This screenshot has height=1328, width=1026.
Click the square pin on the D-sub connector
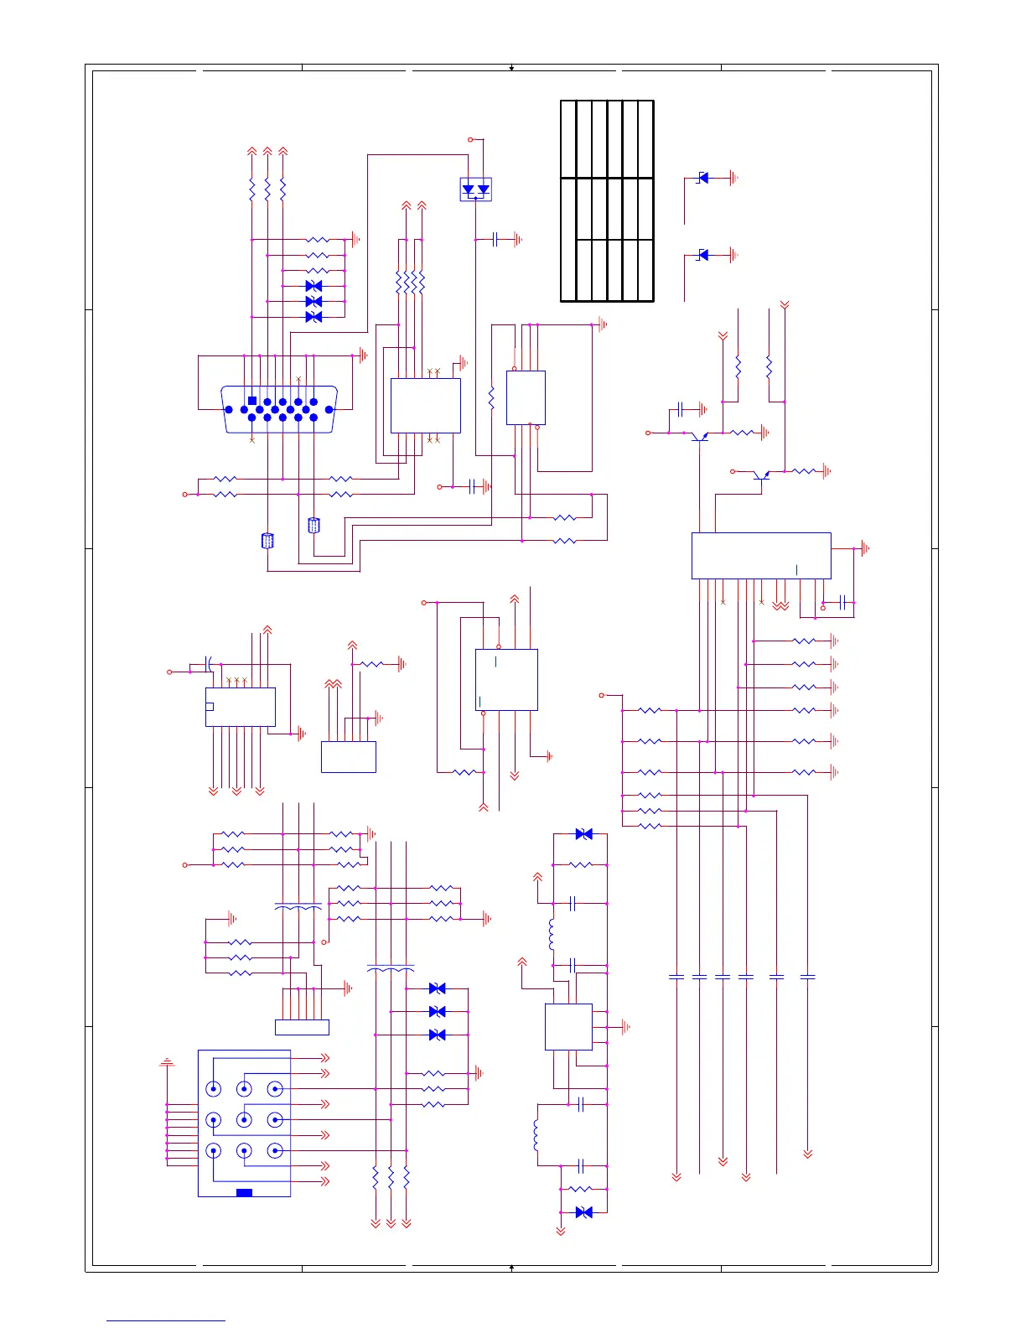[x=252, y=401]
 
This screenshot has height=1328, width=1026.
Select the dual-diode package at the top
[x=476, y=189]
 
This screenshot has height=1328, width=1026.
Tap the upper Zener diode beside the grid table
[x=703, y=178]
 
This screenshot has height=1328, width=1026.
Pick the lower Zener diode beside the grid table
[x=703, y=255]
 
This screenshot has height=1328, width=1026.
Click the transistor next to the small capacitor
[x=698, y=435]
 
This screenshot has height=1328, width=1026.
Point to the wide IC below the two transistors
[x=760, y=555]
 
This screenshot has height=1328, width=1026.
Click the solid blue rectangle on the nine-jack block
[x=244, y=1192]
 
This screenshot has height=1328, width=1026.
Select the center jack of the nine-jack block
[x=244, y=1119]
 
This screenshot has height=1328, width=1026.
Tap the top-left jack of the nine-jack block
[x=214, y=1089]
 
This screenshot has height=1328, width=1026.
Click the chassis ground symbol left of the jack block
[x=167, y=1062]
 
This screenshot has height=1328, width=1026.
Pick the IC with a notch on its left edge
[x=241, y=707]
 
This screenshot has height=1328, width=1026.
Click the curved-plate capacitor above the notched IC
[x=209, y=664]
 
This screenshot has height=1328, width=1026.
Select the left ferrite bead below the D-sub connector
[x=267, y=541]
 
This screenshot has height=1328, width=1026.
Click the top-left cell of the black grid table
[x=568, y=139]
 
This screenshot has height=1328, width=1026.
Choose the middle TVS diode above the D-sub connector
[x=313, y=301]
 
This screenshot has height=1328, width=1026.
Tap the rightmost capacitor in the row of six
[x=807, y=977]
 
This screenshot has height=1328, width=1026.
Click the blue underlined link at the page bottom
[x=165, y=1320]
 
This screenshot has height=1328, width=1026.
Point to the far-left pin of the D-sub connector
[x=229, y=410]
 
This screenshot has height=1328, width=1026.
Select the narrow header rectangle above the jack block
[x=302, y=1027]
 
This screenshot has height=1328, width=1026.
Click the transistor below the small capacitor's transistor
[x=761, y=475]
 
